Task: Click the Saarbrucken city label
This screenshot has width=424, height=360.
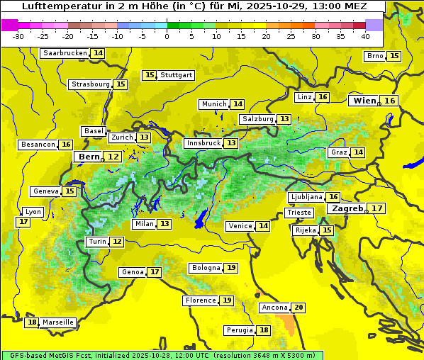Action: pyautogui.click(x=65, y=53)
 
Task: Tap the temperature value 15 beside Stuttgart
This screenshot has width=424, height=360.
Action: pyautogui.click(x=149, y=75)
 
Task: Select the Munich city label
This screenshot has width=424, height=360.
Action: pyautogui.click(x=213, y=104)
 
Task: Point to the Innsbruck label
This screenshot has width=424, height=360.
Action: pyautogui.click(x=203, y=143)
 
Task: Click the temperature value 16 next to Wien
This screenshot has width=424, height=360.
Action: pyautogui.click(x=390, y=101)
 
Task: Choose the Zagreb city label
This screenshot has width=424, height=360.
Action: pyautogui.click(x=347, y=208)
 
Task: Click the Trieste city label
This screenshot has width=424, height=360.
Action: pyautogui.click(x=299, y=213)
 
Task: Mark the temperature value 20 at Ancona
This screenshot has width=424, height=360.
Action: pyautogui.click(x=299, y=308)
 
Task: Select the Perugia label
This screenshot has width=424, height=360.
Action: pyautogui.click(x=239, y=330)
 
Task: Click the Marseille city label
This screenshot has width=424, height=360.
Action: pyautogui.click(x=58, y=322)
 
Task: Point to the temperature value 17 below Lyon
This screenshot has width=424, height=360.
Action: pyautogui.click(x=23, y=222)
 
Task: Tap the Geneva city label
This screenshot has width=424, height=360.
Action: pyautogui.click(x=45, y=191)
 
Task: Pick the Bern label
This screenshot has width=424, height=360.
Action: pyautogui.click(x=89, y=157)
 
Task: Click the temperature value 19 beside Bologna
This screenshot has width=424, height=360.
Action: pyautogui.click(x=231, y=268)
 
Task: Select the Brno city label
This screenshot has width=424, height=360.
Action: pyautogui.click(x=375, y=56)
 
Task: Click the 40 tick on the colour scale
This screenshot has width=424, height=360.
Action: pyautogui.click(x=365, y=36)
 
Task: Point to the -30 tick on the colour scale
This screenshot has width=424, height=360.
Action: pyautogui.click(x=18, y=36)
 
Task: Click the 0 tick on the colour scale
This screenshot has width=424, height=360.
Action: pyautogui.click(x=167, y=36)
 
